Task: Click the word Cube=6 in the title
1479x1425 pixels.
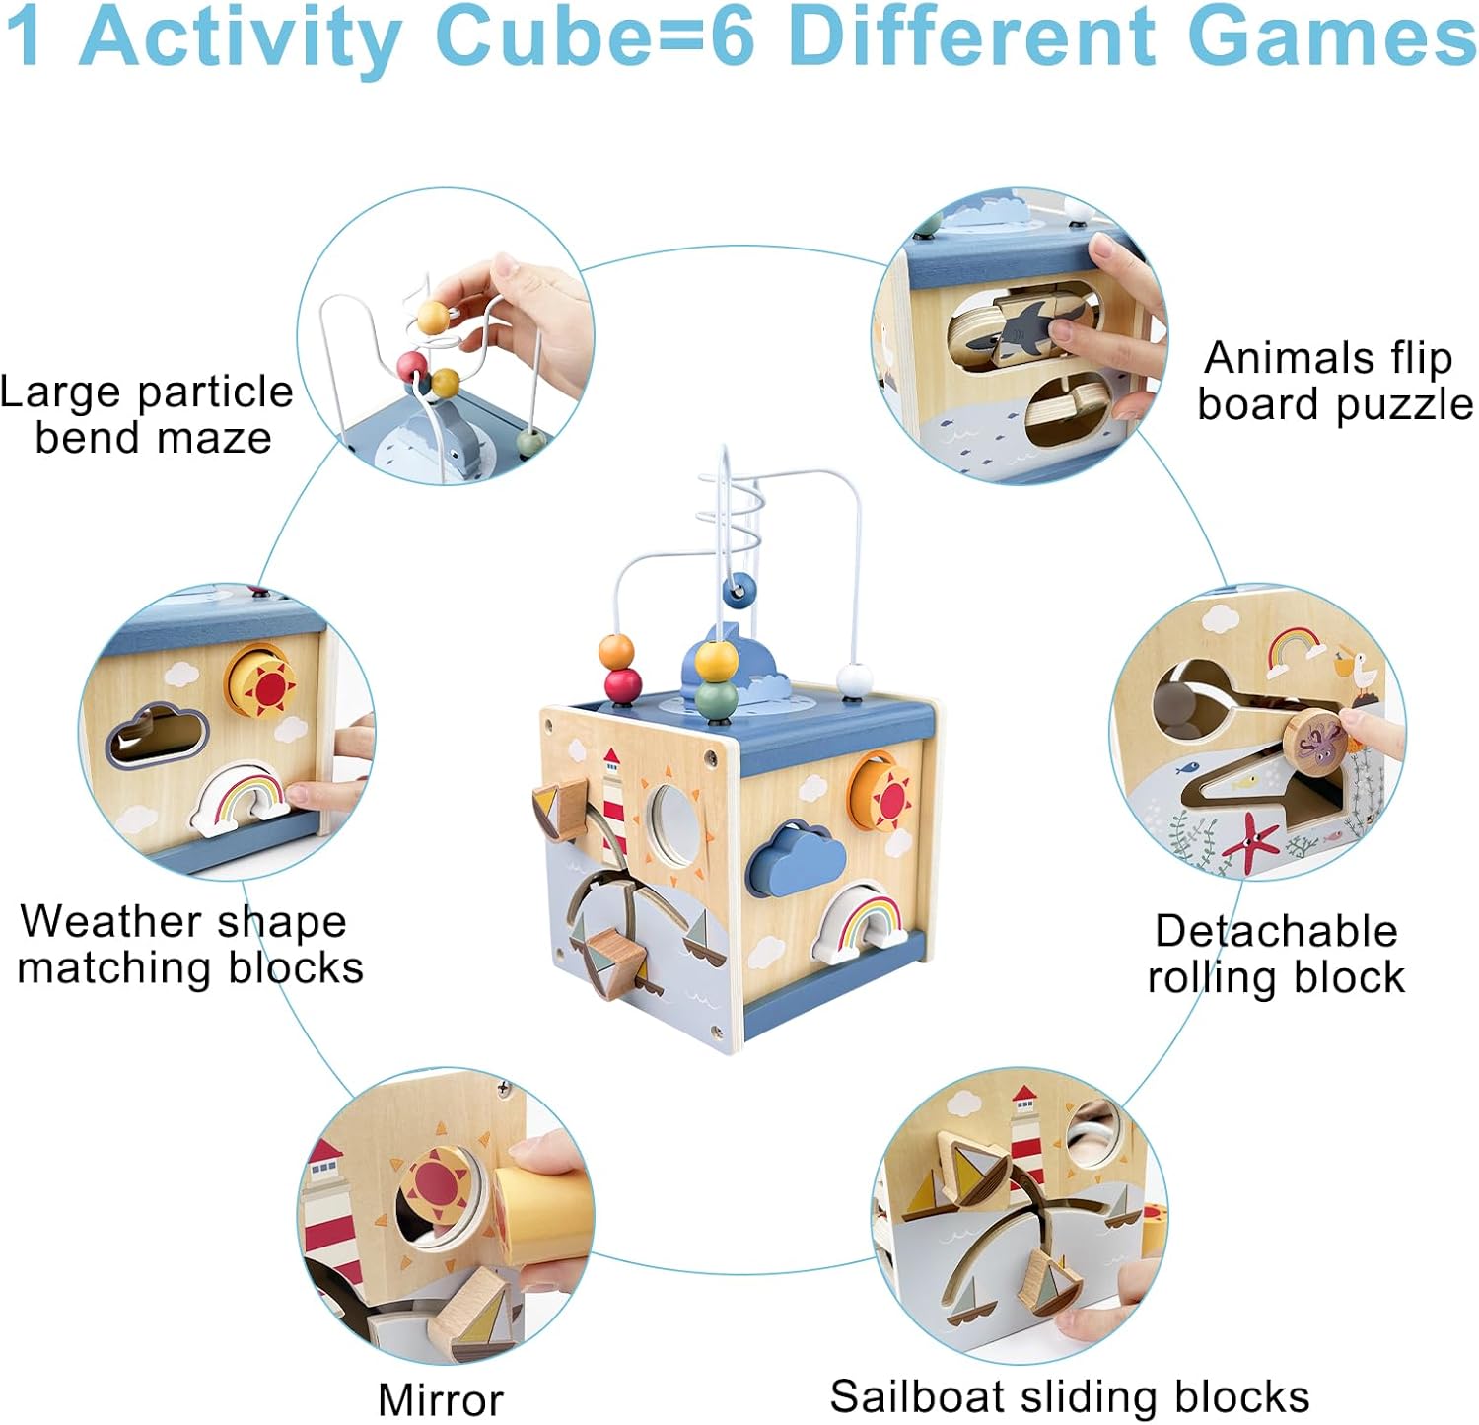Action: [x=595, y=37]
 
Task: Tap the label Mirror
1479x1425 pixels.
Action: [x=440, y=1399]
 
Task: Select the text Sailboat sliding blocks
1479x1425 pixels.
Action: [x=1070, y=1396]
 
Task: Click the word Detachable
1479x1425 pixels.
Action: [x=1276, y=931]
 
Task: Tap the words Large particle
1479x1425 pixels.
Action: [x=146, y=392]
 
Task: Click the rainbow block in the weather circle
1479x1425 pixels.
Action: [x=243, y=798]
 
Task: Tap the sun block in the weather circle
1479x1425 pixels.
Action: [x=263, y=682]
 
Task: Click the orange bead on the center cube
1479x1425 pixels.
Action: [x=616, y=650]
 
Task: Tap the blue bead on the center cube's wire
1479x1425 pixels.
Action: [x=739, y=591]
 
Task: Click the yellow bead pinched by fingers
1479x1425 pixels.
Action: [x=433, y=318]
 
